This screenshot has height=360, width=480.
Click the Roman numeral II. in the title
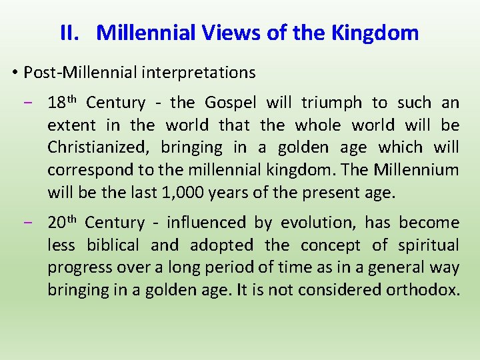point(70,33)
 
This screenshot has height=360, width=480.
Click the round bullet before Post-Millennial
point(15,72)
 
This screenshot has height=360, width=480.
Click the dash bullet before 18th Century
point(34,103)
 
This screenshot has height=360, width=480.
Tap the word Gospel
point(230,103)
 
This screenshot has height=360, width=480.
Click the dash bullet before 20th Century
point(34,223)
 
